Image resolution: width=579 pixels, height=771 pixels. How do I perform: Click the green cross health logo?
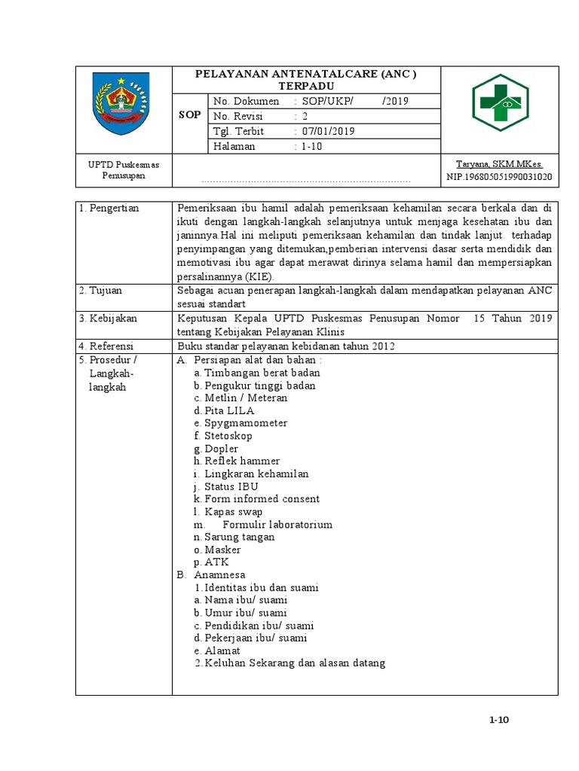click(x=501, y=103)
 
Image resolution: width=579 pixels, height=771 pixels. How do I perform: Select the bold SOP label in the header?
click(x=190, y=115)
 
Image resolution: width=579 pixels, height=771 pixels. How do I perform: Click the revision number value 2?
click(x=305, y=116)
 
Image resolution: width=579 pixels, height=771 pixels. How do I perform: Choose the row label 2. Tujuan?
click(x=105, y=290)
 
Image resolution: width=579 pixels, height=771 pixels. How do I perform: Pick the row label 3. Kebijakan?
click(x=111, y=318)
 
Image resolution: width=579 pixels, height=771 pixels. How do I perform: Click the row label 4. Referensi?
click(x=111, y=346)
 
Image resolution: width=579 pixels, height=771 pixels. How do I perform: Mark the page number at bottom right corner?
click(x=499, y=720)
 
